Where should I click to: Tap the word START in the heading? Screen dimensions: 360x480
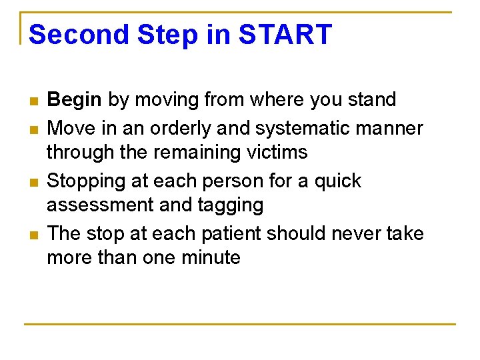coord(285,35)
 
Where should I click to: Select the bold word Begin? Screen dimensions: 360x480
coord(75,100)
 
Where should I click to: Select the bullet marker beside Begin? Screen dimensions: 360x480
coord(33,101)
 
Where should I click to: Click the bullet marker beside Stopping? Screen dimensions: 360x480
coord(33,182)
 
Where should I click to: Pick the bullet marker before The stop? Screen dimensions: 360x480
coord(33,235)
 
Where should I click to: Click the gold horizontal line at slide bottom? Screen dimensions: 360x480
coord(240,324)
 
